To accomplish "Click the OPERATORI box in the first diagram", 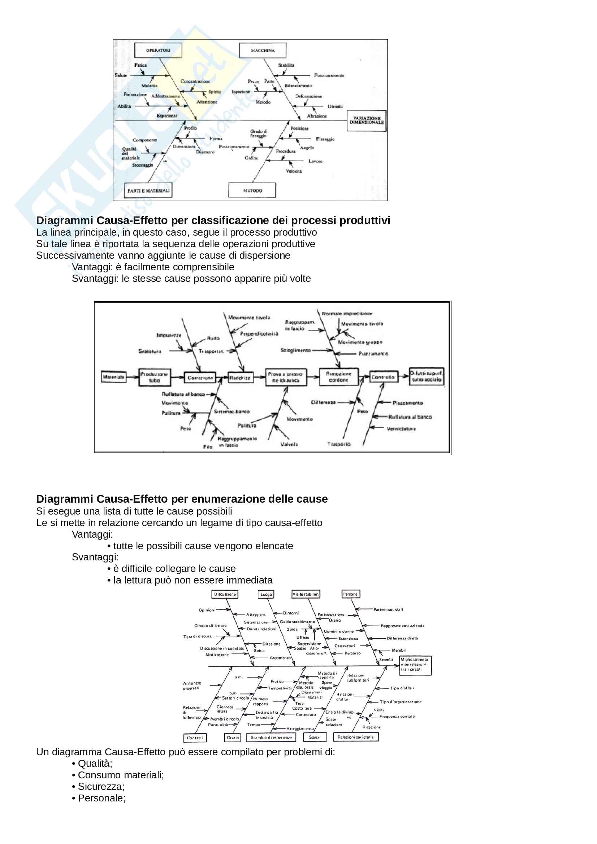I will [x=158, y=51].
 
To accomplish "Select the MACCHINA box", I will [x=263, y=51].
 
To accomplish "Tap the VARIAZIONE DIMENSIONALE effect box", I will [x=366, y=120].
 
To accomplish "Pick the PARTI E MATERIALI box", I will [x=148, y=191].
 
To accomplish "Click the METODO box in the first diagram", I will [x=252, y=191].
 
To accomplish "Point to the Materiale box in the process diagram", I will [x=114, y=377].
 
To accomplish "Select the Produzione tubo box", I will [x=155, y=377].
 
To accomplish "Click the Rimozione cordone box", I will [x=338, y=377].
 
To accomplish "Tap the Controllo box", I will [x=383, y=377].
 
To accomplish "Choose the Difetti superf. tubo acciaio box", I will [x=426, y=376].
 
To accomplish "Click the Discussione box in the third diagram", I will [x=225, y=594].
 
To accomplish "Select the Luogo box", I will [x=266, y=594].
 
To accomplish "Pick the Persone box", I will [x=350, y=594].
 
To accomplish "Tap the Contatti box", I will [x=195, y=738].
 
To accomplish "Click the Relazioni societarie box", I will [x=355, y=737].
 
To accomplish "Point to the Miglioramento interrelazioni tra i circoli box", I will [x=415, y=665].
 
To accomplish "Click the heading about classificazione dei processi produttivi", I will [x=213, y=220].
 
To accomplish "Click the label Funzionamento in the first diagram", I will [x=329, y=75].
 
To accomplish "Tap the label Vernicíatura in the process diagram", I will [x=401, y=429].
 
